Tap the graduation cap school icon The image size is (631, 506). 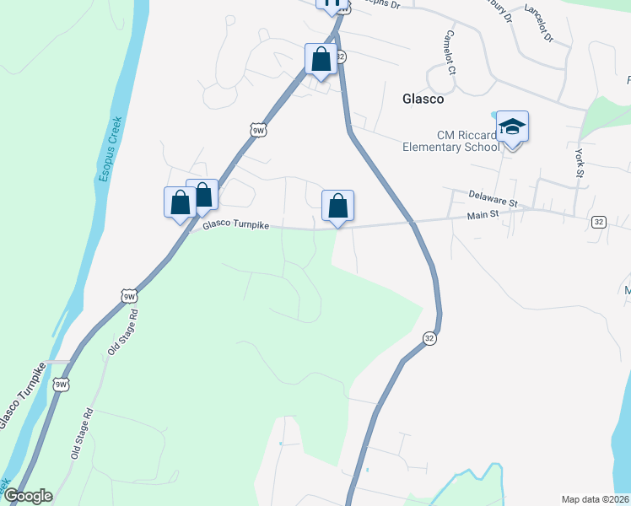512,127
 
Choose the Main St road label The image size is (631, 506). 483,216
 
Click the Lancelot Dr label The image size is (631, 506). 537,24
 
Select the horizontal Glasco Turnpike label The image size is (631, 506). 235,224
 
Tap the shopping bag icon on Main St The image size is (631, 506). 337,206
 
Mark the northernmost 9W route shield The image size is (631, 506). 258,129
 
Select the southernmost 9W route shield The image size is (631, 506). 61,385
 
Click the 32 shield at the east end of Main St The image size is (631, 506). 598,222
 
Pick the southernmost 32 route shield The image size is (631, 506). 429,338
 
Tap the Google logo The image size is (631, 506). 27,496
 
